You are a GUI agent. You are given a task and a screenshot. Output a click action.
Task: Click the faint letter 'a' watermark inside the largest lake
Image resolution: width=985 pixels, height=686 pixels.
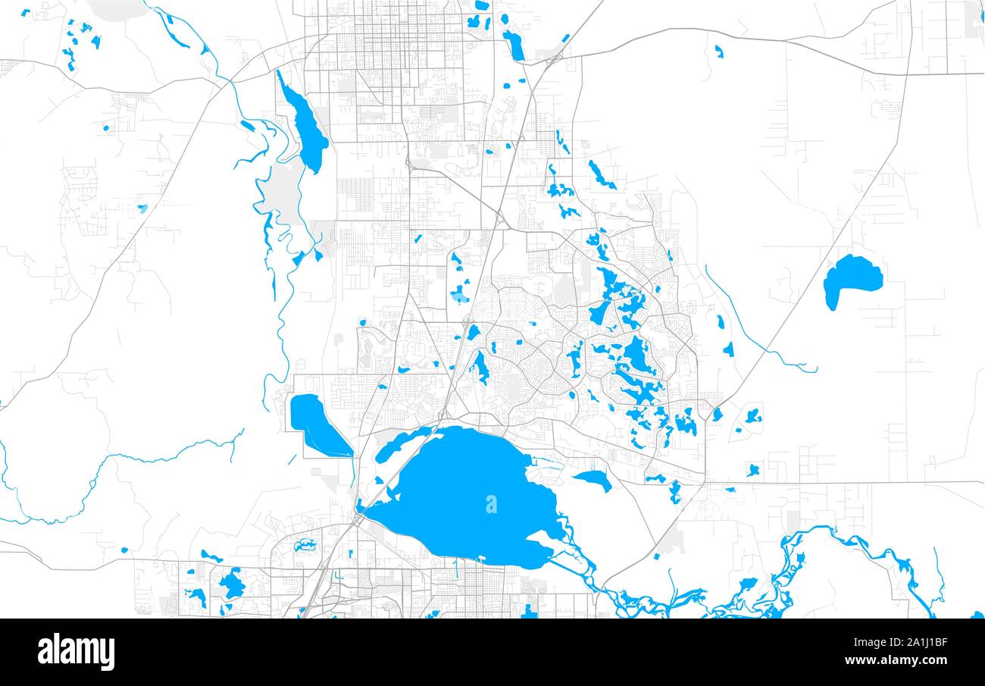(491, 503)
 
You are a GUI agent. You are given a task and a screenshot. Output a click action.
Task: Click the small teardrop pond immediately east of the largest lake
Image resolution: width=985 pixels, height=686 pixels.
(593, 478)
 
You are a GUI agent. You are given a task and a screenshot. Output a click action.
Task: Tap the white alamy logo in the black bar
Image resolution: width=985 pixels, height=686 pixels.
(76, 652)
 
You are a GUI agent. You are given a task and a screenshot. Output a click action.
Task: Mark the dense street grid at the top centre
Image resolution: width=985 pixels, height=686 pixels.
(386, 38)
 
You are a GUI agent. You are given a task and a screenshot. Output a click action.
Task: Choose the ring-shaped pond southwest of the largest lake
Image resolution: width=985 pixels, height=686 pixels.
(307, 545)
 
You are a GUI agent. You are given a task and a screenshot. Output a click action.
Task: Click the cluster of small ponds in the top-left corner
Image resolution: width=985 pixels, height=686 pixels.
(76, 42)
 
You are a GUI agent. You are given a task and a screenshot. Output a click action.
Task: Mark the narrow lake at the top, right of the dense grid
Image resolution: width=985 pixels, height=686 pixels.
(514, 45)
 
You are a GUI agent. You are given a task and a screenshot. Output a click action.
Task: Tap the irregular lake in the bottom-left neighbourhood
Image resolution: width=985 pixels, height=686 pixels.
(231, 584)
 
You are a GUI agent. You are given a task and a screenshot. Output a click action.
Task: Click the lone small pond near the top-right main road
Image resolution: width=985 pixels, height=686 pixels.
(718, 52)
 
